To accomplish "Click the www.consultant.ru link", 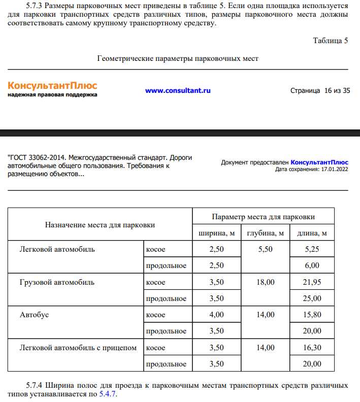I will click(x=178, y=91).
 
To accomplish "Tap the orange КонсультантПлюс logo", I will click(x=52, y=86).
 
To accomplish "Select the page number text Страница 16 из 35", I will click(x=320, y=91).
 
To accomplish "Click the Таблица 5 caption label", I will click(x=330, y=41).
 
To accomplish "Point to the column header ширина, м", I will click(x=216, y=233).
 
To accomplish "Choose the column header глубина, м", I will click(x=265, y=233).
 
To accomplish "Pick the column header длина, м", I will click(x=312, y=233).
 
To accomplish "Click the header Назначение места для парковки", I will click(x=100, y=225).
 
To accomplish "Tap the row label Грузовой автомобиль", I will click(x=57, y=282).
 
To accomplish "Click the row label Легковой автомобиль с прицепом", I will click(x=78, y=348).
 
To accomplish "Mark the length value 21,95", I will click(x=312, y=282).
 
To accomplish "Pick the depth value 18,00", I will click(x=265, y=282).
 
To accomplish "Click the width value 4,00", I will click(x=216, y=315).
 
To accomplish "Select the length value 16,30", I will click(x=312, y=348).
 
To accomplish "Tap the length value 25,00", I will click(x=312, y=298).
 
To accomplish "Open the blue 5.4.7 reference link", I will click(x=108, y=393).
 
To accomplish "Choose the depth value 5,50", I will click(x=265, y=249).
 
